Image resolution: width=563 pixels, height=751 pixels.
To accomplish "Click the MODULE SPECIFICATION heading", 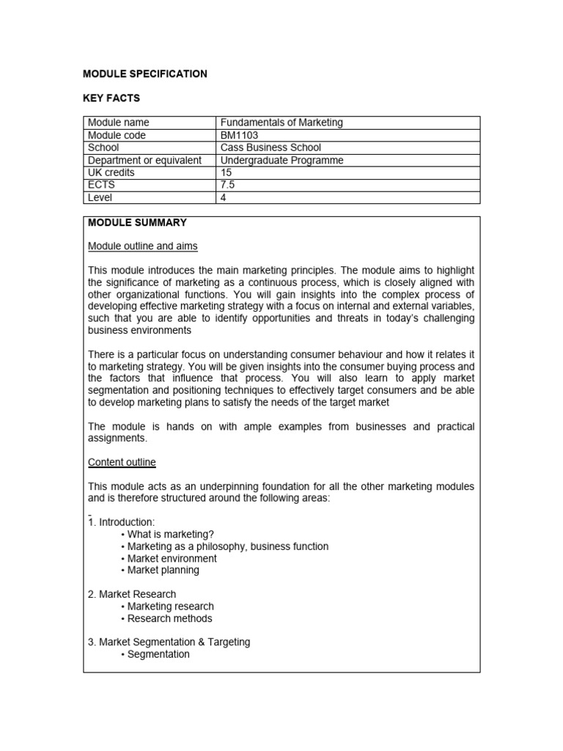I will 145,74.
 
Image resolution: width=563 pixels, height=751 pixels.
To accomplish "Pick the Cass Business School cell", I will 271,147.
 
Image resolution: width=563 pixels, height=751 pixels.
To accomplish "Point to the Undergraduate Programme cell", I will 281,160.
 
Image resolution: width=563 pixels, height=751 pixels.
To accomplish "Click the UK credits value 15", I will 226,172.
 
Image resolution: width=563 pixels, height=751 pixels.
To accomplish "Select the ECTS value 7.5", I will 228,185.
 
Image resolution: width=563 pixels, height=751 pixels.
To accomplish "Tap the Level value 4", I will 223,197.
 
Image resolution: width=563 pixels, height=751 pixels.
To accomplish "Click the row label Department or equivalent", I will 144,160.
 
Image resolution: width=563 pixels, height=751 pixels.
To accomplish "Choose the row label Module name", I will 118,122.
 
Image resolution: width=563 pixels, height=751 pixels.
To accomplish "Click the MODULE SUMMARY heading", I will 137,222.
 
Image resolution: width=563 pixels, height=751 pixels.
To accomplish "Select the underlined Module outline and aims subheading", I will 143,246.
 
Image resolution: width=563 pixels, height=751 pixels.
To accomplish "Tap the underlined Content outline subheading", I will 122,462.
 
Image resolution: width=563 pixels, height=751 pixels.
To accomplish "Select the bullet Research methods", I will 169,618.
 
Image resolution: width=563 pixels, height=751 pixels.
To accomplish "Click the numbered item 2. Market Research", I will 132,594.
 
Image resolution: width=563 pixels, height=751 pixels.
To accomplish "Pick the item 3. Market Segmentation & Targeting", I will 169,642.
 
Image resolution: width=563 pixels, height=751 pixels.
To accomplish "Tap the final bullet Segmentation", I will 158,654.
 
